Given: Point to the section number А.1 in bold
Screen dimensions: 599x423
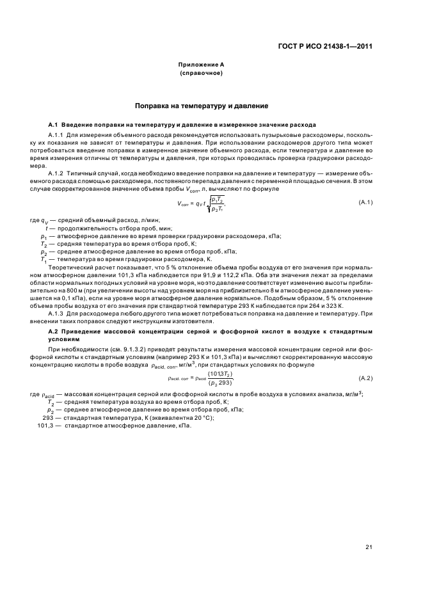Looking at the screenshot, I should click(x=54, y=124).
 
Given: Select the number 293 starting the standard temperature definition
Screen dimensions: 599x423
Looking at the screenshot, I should click(x=48, y=417).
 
